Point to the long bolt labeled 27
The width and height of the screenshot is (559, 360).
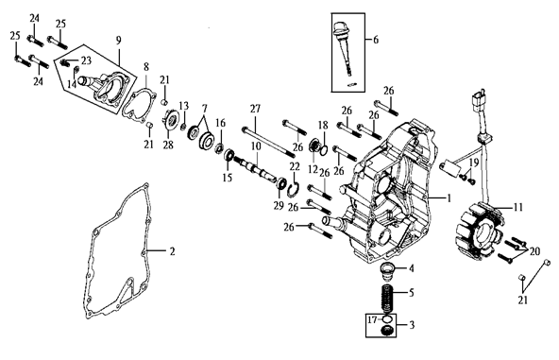268,141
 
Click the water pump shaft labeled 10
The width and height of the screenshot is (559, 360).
255,167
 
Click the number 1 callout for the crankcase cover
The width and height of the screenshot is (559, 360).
449,197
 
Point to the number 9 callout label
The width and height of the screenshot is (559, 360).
118,40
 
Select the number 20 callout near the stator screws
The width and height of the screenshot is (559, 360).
534,251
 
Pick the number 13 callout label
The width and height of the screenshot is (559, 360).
183,106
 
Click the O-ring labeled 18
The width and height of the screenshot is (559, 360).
324,150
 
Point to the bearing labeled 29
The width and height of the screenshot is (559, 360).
282,183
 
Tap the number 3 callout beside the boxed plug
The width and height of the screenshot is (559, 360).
412,325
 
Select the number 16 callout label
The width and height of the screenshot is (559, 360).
221,123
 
